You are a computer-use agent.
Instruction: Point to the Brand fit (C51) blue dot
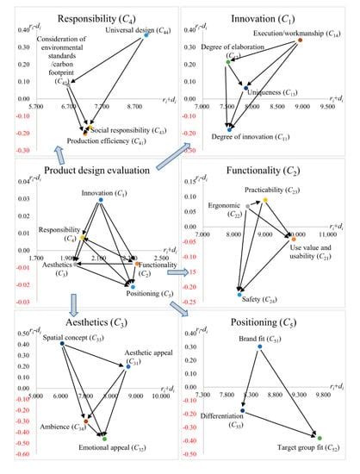[259, 346]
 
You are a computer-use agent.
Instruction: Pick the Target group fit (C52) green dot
[320, 438]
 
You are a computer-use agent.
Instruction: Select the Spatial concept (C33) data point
[62, 344]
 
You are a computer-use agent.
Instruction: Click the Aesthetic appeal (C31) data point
[128, 367]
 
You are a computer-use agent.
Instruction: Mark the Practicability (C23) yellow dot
[265, 200]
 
